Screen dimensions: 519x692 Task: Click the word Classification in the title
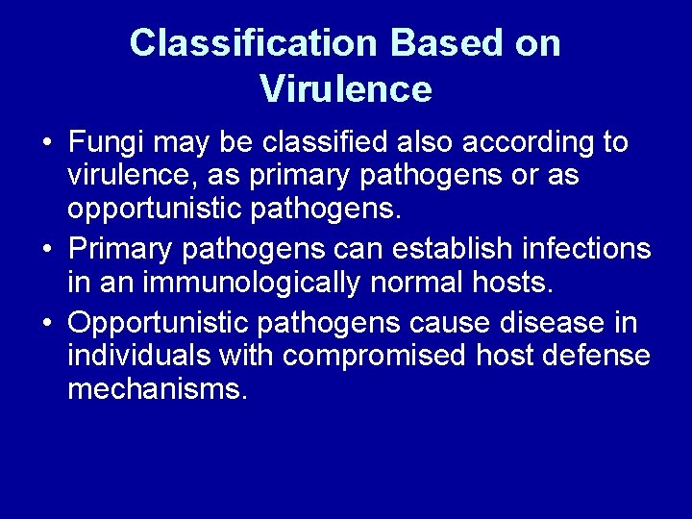pos(241,43)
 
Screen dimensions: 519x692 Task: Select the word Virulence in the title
pos(346,89)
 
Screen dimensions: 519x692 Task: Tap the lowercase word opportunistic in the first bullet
pos(157,210)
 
